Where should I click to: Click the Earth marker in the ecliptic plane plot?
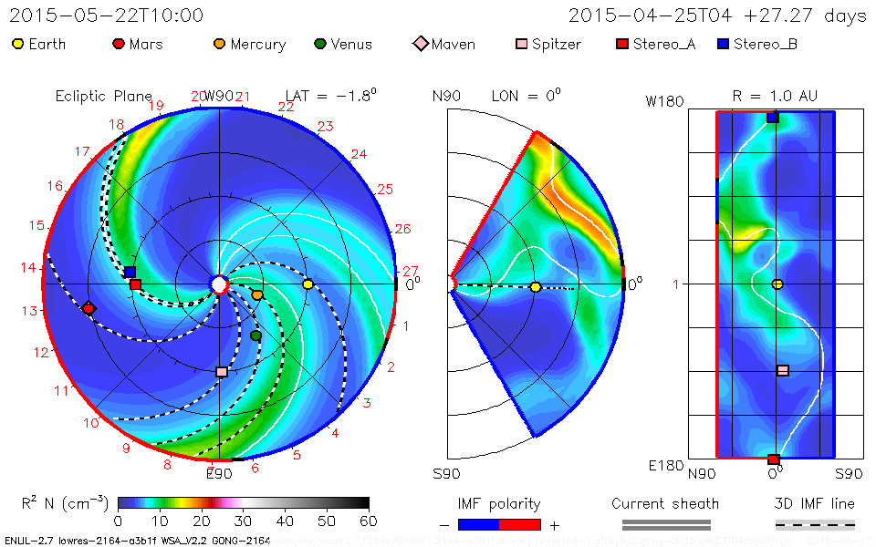click(x=308, y=284)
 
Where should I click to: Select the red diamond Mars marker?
click(x=89, y=309)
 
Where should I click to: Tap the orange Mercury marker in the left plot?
click(x=257, y=295)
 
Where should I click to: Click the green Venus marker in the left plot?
click(x=255, y=336)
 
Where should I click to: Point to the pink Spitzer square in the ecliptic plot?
click(x=221, y=372)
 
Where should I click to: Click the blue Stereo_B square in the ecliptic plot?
click(x=130, y=273)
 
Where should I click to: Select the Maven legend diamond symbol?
click(x=420, y=44)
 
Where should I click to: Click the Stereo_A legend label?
click(x=662, y=44)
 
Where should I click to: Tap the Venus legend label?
click(x=351, y=44)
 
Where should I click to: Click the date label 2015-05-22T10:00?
click(x=107, y=15)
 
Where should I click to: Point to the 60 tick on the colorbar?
click(x=368, y=521)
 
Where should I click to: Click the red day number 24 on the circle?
click(x=359, y=154)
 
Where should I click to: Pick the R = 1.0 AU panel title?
click(x=775, y=96)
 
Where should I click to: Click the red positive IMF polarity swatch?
click(x=520, y=524)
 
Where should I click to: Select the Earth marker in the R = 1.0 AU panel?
click(x=777, y=284)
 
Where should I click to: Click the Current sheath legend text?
click(x=665, y=503)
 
